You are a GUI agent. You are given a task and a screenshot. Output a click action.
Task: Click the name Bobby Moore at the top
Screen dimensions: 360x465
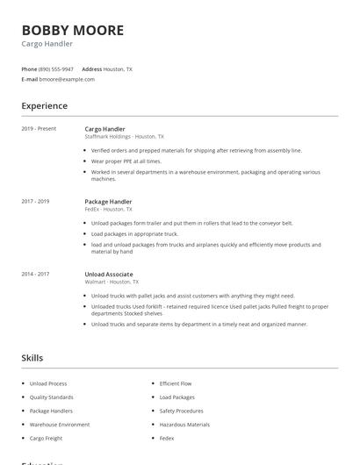73,31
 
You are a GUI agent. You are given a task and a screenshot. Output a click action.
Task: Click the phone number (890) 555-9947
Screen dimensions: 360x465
57,68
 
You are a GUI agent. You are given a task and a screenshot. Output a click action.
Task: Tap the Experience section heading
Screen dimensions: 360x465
44,106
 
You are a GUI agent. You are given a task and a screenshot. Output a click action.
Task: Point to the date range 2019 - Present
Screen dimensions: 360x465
39,129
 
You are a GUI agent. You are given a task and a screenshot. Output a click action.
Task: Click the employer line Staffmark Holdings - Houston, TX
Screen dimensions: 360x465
124,136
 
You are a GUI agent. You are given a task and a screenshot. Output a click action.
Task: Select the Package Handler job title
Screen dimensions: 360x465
108,202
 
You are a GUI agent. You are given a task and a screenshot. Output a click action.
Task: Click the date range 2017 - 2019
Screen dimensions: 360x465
35,202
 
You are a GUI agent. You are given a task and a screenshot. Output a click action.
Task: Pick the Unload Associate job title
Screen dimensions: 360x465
108,275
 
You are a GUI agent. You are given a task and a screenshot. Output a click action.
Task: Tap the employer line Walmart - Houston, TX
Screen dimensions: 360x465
112,282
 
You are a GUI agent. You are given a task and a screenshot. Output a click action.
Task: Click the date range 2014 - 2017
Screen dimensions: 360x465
35,275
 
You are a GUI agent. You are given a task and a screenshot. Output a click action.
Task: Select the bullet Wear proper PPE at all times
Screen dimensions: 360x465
126,161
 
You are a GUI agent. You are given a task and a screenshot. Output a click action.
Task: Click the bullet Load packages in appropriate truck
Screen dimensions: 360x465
134,234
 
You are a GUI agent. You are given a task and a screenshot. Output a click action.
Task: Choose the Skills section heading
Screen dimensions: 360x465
32,358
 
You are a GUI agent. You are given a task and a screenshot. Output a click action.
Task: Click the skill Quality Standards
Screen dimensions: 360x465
51,397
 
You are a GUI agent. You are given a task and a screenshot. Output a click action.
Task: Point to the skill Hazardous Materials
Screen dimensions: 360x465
184,424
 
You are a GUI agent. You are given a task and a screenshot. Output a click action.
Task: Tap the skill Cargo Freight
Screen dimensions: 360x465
47,438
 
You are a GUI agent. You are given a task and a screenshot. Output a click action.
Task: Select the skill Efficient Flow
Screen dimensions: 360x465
176,383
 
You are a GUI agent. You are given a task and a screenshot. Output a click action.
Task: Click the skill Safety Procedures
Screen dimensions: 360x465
182,411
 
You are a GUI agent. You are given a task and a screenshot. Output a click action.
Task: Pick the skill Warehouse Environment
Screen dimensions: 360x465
60,424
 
